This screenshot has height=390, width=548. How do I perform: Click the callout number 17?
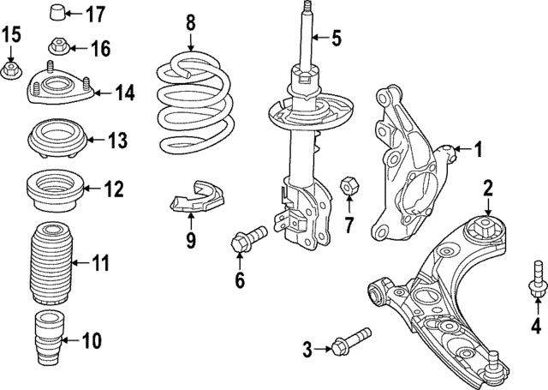(95, 14)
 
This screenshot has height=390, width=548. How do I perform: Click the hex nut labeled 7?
(348, 184)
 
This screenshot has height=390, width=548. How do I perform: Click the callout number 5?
(336, 37)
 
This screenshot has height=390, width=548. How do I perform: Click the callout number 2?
(487, 187)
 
